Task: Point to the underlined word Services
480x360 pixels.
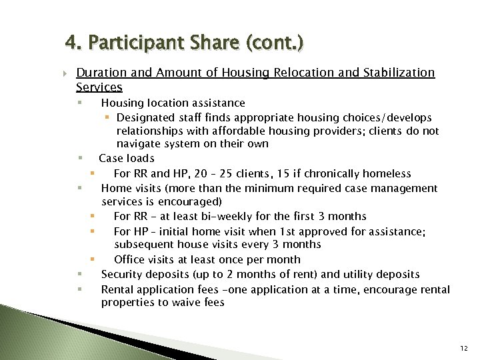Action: pos(99,87)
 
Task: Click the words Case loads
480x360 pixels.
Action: pos(127,159)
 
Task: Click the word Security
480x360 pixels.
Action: pos(123,275)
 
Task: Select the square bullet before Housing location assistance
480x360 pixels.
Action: pos(79,103)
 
